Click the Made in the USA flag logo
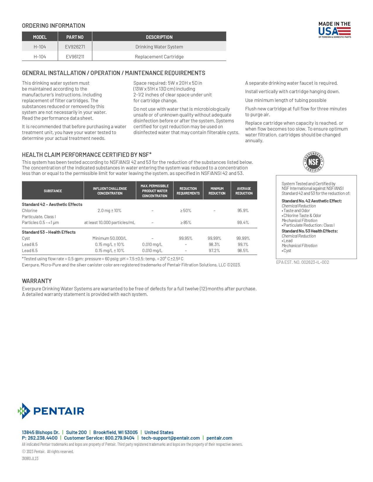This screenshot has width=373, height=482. click(334, 30)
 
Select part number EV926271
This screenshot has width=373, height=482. click(75, 47)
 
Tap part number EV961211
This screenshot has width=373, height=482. click(75, 57)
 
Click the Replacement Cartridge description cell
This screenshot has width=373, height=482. click(159, 57)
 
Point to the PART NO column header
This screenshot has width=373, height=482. click(75, 37)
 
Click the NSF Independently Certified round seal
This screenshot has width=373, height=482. click(313, 162)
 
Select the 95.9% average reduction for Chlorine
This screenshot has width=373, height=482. click(243, 211)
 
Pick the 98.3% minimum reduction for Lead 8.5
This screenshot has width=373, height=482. click(214, 245)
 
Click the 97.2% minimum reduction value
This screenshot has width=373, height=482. click(214, 251)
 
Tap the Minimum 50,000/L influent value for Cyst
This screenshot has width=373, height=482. click(109, 238)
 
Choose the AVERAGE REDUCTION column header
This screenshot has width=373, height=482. click(244, 191)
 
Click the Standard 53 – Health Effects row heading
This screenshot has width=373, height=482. click(49, 232)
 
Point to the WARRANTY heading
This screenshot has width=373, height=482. click(37, 281)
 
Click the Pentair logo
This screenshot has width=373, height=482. click(51, 411)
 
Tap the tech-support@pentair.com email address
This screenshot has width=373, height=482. click(170, 438)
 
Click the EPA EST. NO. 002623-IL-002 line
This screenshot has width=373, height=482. click(302, 262)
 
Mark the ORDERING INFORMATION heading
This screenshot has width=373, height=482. click(54, 26)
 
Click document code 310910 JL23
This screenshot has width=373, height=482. click(30, 459)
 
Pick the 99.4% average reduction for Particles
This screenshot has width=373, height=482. click(243, 223)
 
